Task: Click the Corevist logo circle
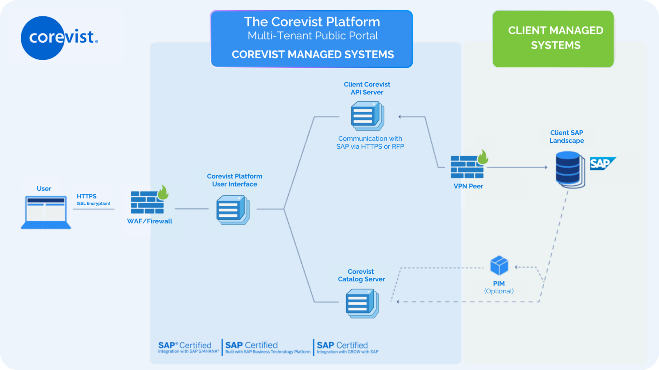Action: click(x=43, y=38)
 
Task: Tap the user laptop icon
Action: click(x=46, y=213)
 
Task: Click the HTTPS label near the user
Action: click(x=87, y=196)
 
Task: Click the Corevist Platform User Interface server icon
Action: click(x=233, y=210)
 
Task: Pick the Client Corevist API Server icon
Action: click(x=367, y=116)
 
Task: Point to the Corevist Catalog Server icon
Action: click(x=362, y=304)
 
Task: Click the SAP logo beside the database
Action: click(x=603, y=164)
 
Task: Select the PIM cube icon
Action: click(x=499, y=265)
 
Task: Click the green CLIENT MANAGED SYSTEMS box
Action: click(x=553, y=39)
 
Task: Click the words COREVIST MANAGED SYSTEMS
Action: click(x=313, y=54)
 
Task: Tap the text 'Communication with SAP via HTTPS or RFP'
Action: click(x=370, y=142)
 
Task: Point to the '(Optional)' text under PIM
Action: click(x=499, y=291)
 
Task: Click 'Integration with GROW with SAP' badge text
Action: click(x=347, y=352)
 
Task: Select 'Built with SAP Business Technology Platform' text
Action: click(x=268, y=352)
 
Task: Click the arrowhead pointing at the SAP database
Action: click(x=546, y=167)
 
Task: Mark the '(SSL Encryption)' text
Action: click(x=93, y=203)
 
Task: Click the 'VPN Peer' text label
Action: click(x=468, y=186)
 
